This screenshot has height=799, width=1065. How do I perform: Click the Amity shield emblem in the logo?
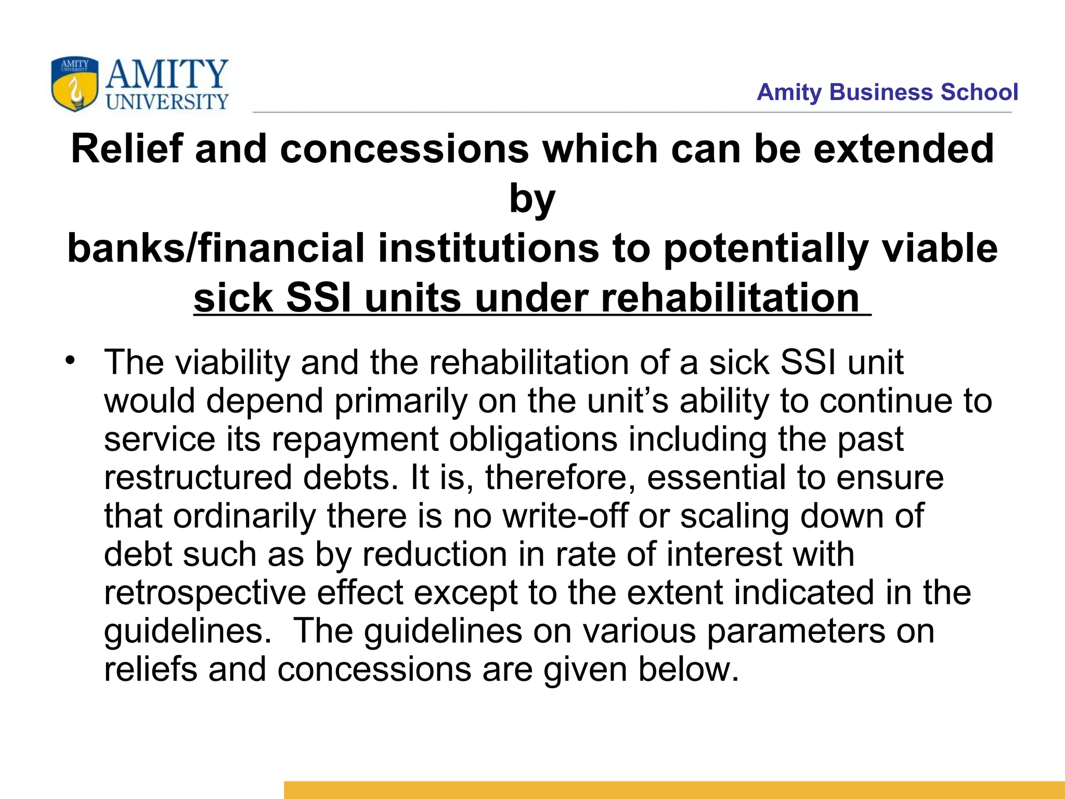74,84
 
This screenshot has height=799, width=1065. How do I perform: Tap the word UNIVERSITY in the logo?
167,101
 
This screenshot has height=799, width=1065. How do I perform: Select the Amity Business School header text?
887,92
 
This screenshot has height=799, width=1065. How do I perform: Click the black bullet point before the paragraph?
70,360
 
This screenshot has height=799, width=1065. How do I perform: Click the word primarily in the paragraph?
401,401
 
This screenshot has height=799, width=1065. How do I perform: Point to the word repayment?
356,440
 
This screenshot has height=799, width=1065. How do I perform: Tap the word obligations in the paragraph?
534,440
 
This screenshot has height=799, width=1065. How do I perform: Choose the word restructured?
198,478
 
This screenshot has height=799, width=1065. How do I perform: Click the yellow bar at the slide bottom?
674,790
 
